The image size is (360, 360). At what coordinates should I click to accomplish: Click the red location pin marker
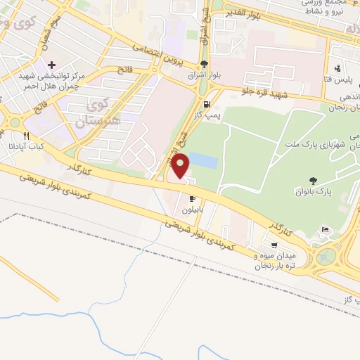point(181,166)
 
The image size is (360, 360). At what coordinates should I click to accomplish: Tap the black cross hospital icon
point(53,65)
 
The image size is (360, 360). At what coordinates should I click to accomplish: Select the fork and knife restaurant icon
point(27,136)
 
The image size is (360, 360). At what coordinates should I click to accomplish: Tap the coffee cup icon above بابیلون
point(191,199)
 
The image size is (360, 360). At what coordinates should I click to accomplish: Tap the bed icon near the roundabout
point(324,230)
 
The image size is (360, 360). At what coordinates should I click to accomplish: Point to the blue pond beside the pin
point(203,161)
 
